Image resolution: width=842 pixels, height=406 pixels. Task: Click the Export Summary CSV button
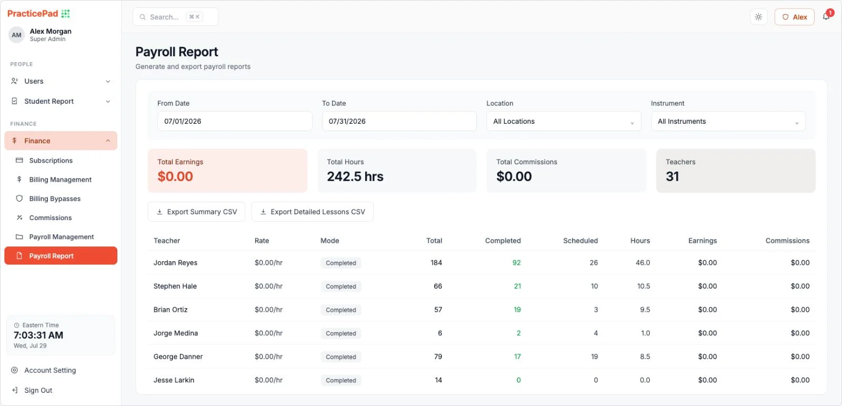click(x=197, y=212)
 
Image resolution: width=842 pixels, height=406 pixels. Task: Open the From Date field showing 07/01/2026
click(x=235, y=121)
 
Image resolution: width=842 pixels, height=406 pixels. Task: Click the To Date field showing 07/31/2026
click(x=399, y=121)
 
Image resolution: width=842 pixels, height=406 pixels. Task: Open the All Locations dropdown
click(x=564, y=121)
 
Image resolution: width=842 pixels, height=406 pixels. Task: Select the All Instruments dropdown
click(x=728, y=121)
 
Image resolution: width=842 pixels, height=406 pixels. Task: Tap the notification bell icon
click(x=826, y=16)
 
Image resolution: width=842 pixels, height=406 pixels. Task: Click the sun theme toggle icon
click(x=758, y=17)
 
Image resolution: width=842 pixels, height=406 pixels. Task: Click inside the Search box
click(x=176, y=17)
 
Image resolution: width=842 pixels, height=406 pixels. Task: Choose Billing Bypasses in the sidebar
click(x=55, y=199)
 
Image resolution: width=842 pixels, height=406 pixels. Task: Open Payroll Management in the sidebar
click(x=61, y=236)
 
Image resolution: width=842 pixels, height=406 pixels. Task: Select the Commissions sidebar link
click(x=51, y=217)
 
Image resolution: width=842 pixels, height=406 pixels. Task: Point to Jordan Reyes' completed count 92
click(x=516, y=263)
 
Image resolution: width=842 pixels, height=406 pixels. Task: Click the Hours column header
click(x=640, y=241)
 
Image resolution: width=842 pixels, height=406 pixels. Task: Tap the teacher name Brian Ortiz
click(x=171, y=309)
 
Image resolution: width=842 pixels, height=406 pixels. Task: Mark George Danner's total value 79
click(x=438, y=357)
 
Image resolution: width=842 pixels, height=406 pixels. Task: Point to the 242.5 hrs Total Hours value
click(x=355, y=176)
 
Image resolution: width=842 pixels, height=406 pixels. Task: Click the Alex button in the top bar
click(x=794, y=17)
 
